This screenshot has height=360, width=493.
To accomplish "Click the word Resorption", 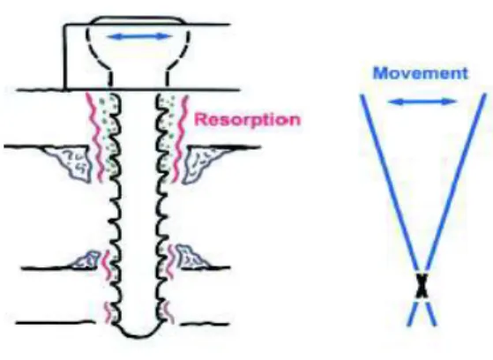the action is tap(248, 120).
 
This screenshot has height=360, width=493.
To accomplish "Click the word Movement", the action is tap(421, 73).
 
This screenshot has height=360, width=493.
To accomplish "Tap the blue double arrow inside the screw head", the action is tap(139, 37).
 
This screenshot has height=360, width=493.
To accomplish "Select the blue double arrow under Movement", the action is tap(422, 101).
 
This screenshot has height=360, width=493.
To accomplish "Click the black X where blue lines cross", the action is tap(422, 286).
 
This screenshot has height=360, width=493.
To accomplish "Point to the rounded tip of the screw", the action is tap(137, 333).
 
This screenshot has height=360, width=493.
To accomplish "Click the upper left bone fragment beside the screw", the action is tap(72, 162).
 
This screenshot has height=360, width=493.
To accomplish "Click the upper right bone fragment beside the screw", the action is tap(201, 162).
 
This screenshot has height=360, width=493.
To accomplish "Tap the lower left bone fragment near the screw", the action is tap(85, 260).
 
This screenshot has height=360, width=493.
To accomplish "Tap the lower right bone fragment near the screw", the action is tap(190, 257).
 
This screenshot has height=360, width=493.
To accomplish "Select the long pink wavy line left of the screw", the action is tap(95, 137).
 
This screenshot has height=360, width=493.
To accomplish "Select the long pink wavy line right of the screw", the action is tap(181, 139).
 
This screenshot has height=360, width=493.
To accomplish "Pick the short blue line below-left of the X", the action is tap(413, 313).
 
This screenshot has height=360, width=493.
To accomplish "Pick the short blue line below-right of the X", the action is tap(430, 313).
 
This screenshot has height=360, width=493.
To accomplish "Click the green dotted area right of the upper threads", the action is tap(166, 132).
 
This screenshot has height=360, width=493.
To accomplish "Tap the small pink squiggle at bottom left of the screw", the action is tap(108, 312).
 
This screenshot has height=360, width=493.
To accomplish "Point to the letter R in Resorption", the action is tap(200, 120).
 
